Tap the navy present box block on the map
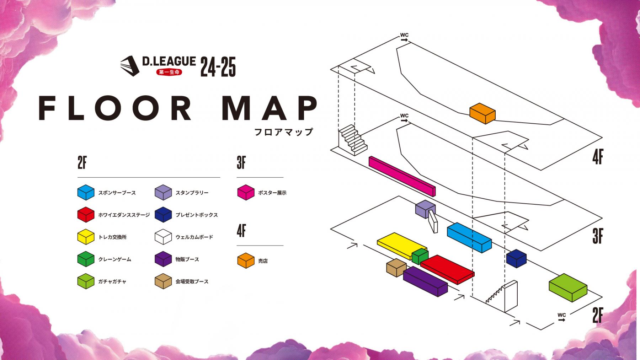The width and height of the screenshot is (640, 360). pos(516,258)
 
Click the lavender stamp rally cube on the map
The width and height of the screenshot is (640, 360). pos(425,209)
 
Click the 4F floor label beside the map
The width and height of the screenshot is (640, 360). pos(598,157)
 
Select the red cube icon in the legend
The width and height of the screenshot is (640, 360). pos(86,215)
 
